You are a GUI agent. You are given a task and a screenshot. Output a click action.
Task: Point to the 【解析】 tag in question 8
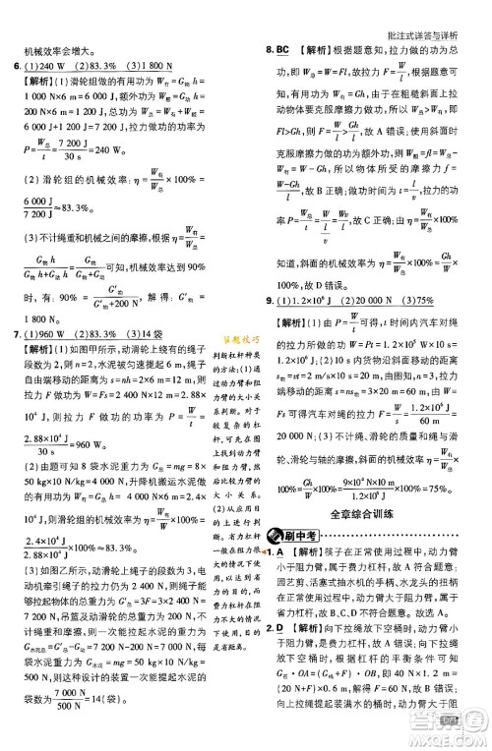(x=312, y=48)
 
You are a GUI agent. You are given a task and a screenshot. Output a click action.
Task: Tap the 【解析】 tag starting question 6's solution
(x=33, y=85)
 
